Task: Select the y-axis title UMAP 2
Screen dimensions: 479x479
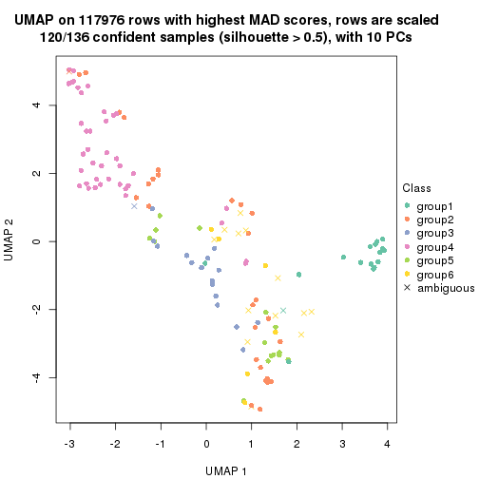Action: [12, 242]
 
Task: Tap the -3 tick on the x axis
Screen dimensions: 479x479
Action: [69, 442]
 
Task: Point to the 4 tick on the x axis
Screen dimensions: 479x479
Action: [388, 442]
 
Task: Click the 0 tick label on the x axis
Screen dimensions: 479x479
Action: [206, 442]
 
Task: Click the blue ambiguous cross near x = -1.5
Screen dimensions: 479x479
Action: [134, 206]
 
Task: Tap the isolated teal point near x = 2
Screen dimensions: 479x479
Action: [298, 275]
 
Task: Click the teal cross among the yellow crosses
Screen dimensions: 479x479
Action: [283, 310]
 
